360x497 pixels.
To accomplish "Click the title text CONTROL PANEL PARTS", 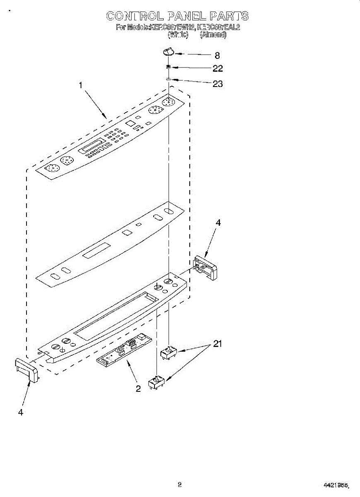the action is (177, 16).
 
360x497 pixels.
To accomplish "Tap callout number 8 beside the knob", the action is (217, 55).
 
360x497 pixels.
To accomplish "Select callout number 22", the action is (217, 68).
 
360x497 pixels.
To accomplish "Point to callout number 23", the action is (217, 84).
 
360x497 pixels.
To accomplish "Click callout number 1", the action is (81, 85).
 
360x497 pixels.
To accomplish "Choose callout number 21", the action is (217, 344).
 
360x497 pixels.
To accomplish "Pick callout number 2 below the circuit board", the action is (138, 388).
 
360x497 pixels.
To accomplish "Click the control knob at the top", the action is (168, 51).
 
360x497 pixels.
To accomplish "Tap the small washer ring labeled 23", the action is (169, 80).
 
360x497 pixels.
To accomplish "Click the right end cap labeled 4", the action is (205, 268).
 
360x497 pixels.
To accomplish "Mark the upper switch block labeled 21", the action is (169, 352).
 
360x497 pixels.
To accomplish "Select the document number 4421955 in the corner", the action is (336, 485).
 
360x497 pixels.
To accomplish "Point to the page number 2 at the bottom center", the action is (179, 484).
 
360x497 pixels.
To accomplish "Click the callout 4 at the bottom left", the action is (21, 412).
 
